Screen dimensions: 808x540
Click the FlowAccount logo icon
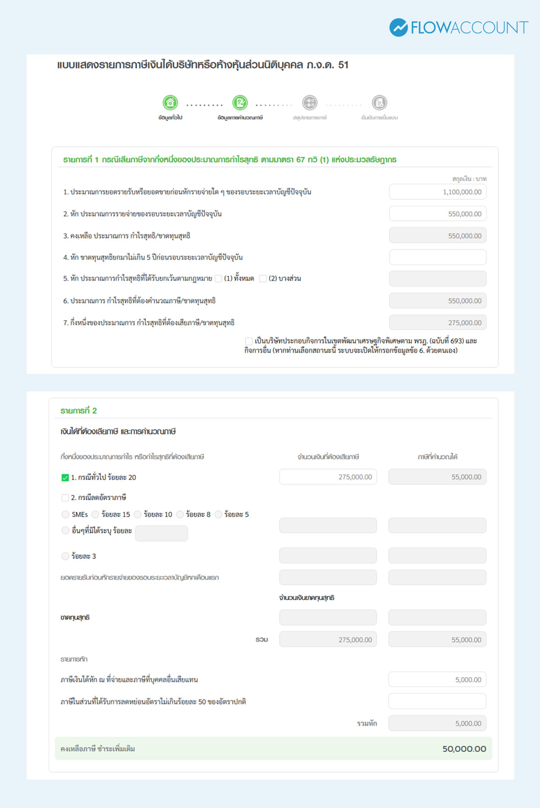(x=398, y=27)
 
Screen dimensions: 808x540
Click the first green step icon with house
(x=170, y=103)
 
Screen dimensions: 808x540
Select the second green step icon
(x=240, y=103)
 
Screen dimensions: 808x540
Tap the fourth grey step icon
(x=379, y=103)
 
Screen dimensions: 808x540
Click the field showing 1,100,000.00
(x=437, y=192)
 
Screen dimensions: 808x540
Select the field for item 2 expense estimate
(x=437, y=214)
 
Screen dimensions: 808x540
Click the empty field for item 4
(x=437, y=257)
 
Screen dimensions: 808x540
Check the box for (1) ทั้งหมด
(x=219, y=279)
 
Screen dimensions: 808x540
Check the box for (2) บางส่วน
(x=263, y=279)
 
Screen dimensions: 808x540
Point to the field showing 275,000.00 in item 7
(x=437, y=323)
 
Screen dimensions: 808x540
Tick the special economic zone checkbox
(x=249, y=341)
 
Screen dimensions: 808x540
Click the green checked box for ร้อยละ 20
(x=65, y=478)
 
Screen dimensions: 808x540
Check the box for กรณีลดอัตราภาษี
(x=65, y=498)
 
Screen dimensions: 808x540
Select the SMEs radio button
(x=66, y=514)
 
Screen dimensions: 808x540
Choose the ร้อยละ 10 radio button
(x=138, y=514)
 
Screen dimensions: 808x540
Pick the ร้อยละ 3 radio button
(x=66, y=556)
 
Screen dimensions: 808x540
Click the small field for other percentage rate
(x=162, y=533)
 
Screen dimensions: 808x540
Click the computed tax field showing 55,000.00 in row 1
(x=437, y=477)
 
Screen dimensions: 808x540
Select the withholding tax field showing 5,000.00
(x=437, y=680)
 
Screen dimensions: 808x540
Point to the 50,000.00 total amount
(x=464, y=749)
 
